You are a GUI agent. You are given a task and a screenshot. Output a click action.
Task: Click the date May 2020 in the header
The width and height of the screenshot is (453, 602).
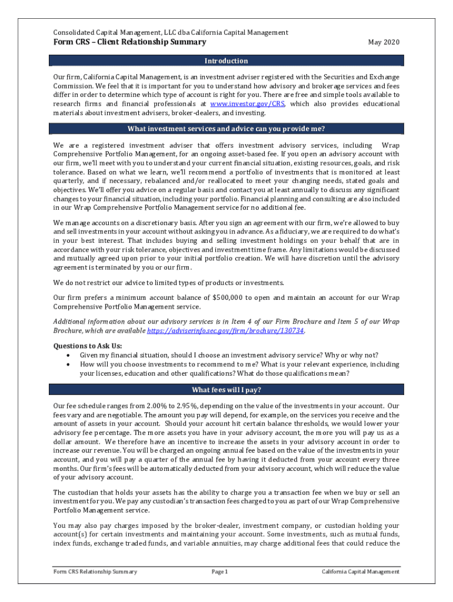(x=383, y=42)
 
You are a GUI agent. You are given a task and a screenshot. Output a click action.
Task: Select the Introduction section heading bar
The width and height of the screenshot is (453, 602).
(x=226, y=61)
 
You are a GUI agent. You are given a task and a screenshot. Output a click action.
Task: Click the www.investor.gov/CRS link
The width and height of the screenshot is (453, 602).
(x=248, y=104)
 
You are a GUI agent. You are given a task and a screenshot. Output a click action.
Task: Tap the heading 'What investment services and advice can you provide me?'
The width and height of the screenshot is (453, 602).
(x=226, y=129)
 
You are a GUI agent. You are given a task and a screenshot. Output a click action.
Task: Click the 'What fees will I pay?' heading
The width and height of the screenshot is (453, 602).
(x=226, y=390)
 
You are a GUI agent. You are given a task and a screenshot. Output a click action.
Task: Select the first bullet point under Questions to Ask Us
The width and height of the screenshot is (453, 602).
(x=229, y=355)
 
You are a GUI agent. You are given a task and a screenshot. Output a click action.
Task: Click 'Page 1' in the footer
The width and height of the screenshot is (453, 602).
(x=219, y=571)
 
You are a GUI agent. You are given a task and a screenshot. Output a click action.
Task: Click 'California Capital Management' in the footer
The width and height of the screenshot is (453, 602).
(x=360, y=571)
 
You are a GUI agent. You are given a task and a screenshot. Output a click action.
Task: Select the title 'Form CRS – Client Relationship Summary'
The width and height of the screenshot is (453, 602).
(x=129, y=42)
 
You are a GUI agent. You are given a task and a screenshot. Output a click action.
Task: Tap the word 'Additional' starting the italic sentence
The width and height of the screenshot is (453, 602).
(x=71, y=321)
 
